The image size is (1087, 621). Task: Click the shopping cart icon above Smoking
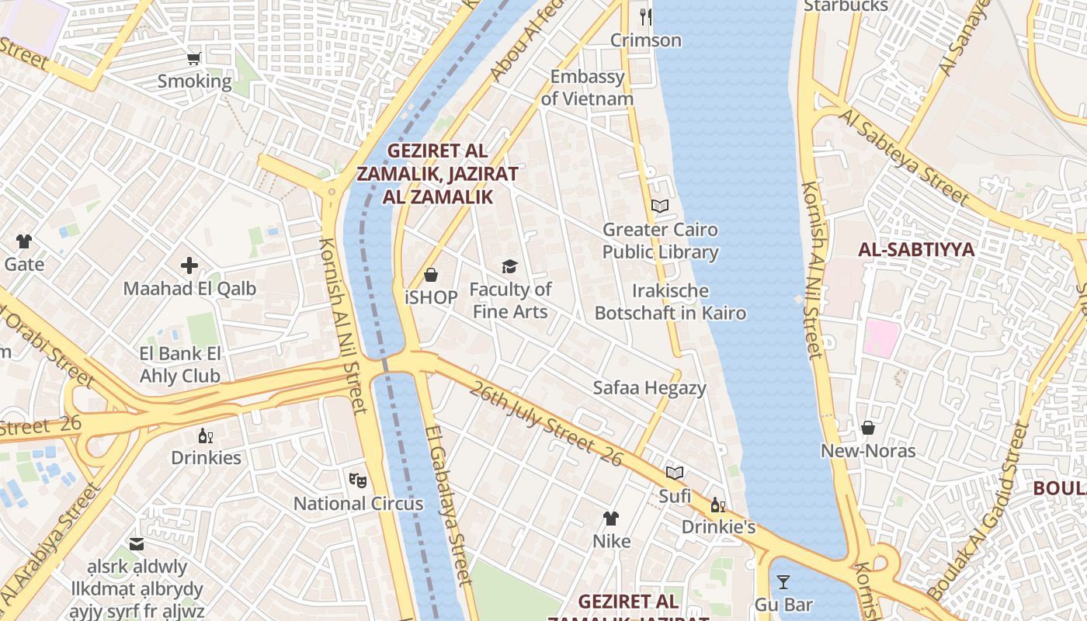194,58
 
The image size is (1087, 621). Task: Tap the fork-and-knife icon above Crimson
646,16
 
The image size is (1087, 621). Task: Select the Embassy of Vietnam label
587,88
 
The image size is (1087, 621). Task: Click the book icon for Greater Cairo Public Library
660,206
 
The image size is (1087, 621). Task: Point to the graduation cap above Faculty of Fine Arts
509,266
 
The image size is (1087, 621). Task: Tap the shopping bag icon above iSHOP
431,275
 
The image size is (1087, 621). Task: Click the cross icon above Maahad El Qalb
189,266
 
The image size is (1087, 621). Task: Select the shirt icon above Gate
24,241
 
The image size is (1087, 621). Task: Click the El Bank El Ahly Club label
180,365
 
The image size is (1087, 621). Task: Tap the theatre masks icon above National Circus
357,480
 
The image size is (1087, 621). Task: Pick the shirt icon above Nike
611,518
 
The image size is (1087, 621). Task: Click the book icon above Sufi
675,473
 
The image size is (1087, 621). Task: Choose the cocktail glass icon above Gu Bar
783,581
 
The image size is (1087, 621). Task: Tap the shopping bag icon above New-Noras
868,428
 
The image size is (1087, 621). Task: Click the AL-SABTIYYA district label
916,249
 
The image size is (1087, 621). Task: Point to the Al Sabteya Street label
905,158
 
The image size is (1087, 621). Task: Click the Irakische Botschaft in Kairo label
670,302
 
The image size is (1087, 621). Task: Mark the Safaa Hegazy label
649,388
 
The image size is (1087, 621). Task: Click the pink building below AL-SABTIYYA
882,338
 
